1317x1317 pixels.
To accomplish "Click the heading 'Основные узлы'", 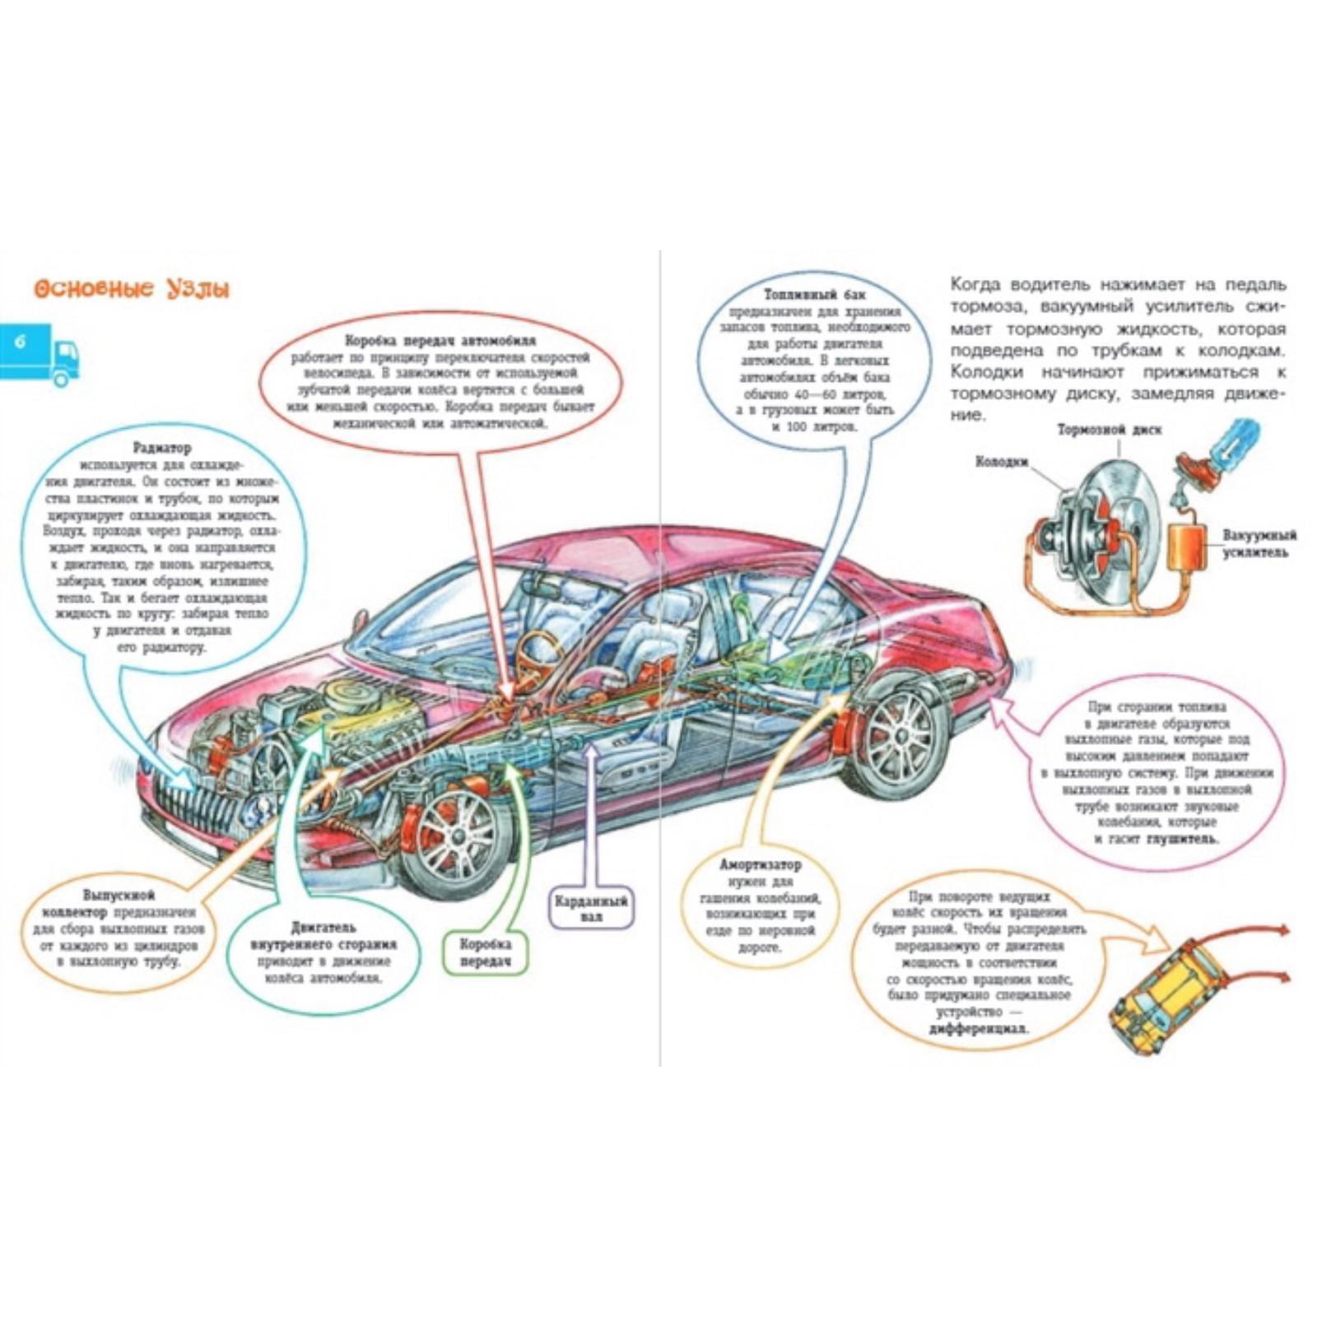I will click(x=132, y=289).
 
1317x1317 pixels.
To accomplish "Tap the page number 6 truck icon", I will click(x=41, y=353).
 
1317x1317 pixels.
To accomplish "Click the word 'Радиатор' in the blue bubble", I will click(x=161, y=449).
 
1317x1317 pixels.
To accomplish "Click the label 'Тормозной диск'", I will click(x=1110, y=430).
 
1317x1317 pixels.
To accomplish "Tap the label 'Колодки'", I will click(x=1001, y=462).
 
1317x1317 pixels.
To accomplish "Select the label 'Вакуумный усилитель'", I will click(x=1259, y=543).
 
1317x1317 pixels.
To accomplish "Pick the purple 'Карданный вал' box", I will click(x=590, y=908).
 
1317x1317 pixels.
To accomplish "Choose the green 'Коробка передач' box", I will click(x=485, y=953).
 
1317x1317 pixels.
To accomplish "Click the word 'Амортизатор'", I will click(x=760, y=865).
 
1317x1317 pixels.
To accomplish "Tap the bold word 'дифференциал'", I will click(x=979, y=1029).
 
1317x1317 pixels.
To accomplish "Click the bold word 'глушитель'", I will click(x=1181, y=839).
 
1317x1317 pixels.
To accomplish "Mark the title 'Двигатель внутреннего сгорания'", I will click(x=323, y=936).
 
